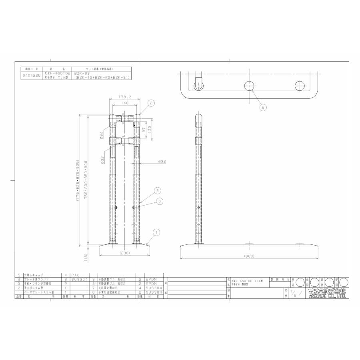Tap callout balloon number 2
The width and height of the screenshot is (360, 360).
coord(151,103)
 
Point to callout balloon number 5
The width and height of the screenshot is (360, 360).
coord(263,107)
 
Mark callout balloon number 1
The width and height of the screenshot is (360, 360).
coord(157,232)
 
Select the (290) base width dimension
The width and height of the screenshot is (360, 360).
coord(124,253)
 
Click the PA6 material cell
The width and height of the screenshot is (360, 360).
coord(75,276)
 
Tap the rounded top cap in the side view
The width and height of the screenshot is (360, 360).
coord(198,119)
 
